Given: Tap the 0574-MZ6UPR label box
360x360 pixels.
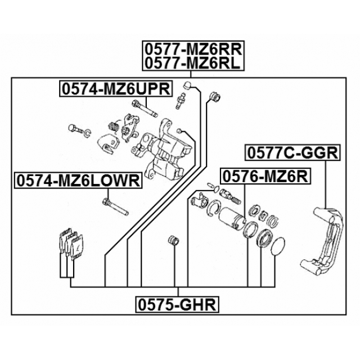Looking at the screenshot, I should tap(110, 88).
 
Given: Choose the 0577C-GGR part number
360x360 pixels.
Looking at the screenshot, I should tap(291, 152).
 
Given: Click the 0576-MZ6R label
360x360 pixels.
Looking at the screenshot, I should tap(265, 176).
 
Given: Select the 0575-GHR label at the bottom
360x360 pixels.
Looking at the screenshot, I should tap(178, 305).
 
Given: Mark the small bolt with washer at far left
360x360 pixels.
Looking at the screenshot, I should tap(74, 128).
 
